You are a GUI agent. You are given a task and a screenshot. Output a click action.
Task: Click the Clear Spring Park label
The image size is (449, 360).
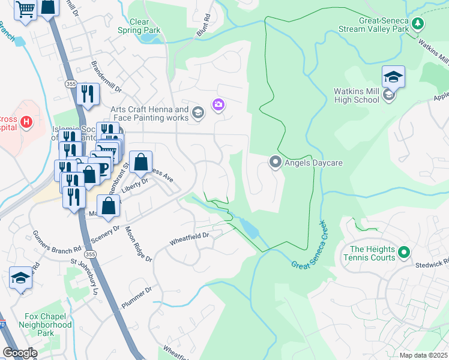coord(139,26)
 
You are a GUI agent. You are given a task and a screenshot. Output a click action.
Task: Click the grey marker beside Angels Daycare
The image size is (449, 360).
coord(276,162)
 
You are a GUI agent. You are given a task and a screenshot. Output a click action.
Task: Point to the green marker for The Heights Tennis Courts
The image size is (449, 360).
coord(404,253)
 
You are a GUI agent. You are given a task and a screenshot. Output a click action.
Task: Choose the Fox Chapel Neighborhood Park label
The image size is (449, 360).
coord(48,325)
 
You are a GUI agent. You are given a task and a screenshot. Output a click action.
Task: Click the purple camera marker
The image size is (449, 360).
coord(218,106)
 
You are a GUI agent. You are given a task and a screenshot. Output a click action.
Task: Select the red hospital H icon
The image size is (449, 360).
coord(26,122)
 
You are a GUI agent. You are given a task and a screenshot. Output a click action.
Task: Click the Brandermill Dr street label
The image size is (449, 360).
coord(106,76)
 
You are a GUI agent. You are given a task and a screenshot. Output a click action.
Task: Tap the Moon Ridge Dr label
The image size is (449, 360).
coord(138,242)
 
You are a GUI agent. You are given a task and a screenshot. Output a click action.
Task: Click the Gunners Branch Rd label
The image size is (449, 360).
coord(56,242)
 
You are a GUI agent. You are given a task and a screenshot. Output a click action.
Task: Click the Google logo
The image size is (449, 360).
coord(20,353)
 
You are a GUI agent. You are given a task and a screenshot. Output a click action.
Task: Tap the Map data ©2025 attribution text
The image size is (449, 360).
coord(423,355)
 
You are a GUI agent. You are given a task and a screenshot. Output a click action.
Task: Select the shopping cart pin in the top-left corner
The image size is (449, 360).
coord(25,9)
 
